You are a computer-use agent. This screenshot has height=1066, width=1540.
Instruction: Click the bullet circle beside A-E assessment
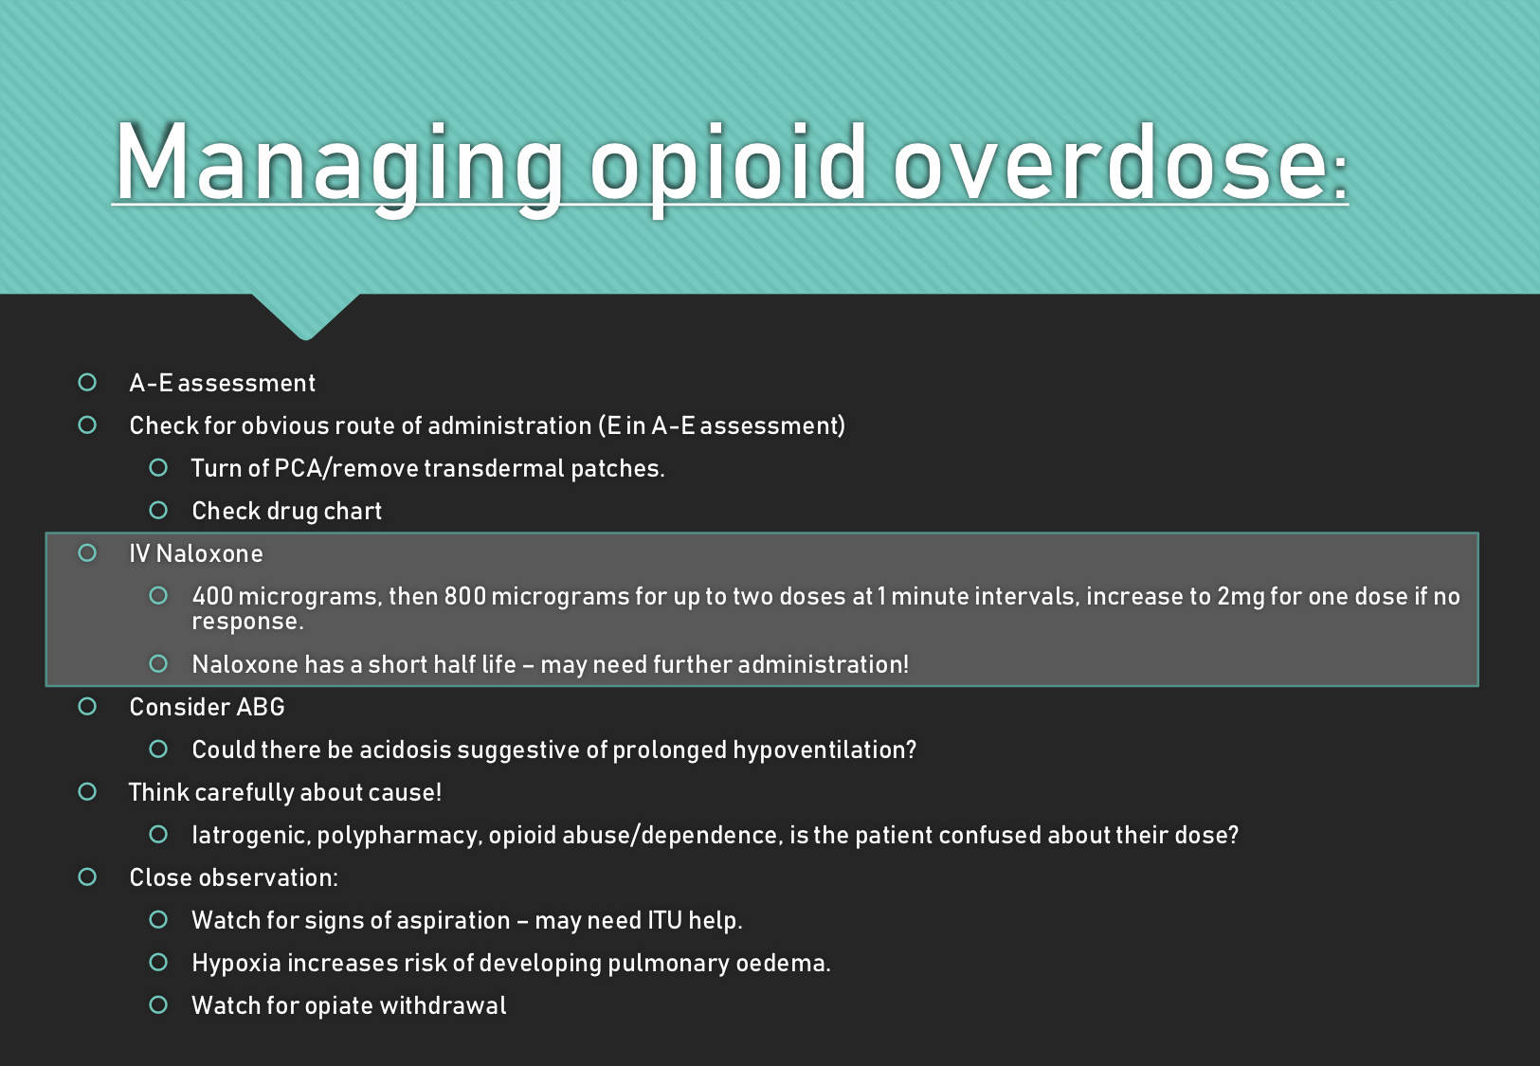point(87,382)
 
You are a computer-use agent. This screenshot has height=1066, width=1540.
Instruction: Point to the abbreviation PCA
point(299,468)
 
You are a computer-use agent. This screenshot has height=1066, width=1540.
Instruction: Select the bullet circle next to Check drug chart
point(158,510)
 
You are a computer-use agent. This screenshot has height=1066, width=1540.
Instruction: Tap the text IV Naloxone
point(196,553)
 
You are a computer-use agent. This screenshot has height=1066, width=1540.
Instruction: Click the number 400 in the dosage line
point(212,596)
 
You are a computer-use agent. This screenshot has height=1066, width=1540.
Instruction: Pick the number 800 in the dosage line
point(464,596)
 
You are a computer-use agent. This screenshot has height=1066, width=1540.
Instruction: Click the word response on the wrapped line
point(246,622)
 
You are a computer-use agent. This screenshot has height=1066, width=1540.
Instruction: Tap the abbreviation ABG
point(261,707)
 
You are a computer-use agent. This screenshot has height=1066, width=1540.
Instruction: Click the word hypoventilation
point(824,750)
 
